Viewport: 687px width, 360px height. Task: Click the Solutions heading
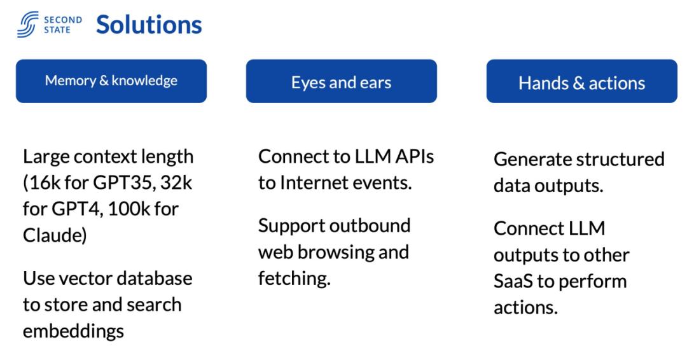point(149,25)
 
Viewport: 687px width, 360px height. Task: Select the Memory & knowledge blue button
point(111,81)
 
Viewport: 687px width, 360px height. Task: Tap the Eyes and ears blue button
point(342,81)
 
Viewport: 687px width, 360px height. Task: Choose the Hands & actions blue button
point(581,82)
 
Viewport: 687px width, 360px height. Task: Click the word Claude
point(52,234)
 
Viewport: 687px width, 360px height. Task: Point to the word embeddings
point(74,331)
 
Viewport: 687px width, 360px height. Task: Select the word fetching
point(293,278)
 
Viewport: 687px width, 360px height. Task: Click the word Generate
point(533,159)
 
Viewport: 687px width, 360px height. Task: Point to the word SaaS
point(513,280)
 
